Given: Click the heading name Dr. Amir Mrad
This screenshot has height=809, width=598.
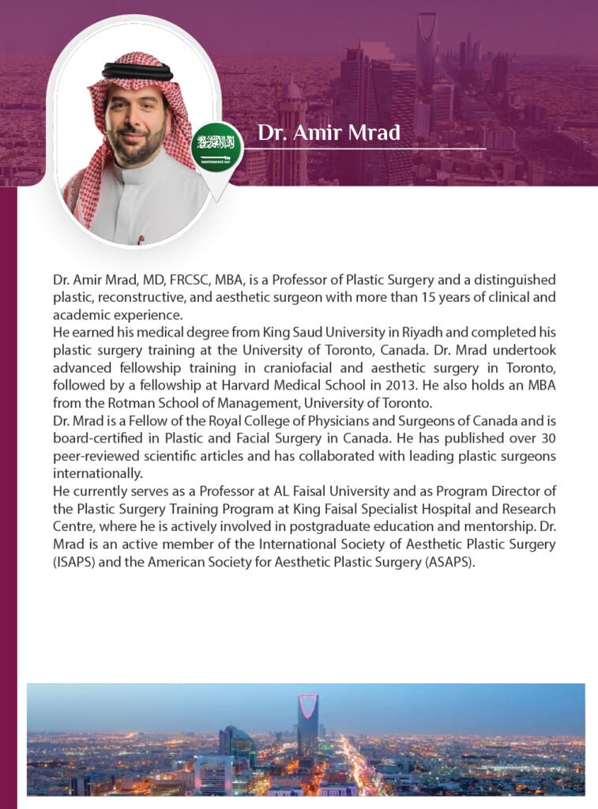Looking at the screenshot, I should coord(329,134).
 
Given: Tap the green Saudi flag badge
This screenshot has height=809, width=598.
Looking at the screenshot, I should coord(216,147).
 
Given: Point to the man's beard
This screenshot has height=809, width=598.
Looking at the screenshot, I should coord(136,147).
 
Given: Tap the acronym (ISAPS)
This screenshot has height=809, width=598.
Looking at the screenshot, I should coord(73,562).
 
